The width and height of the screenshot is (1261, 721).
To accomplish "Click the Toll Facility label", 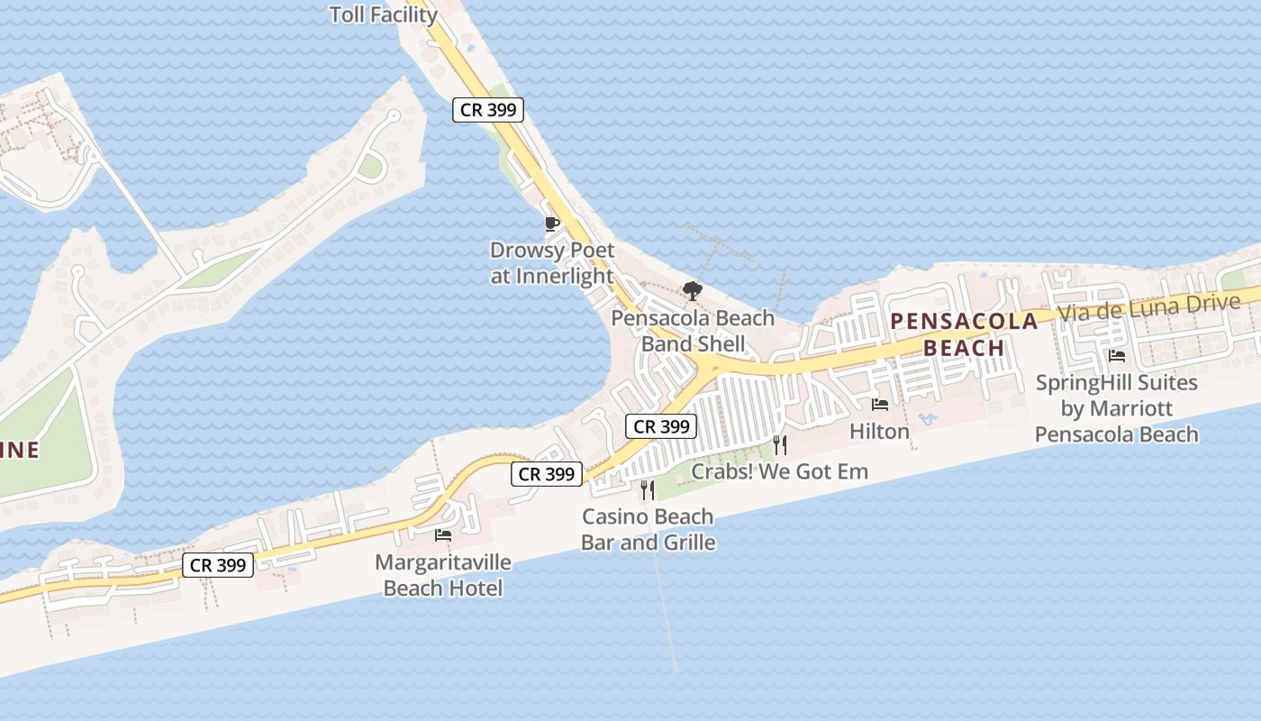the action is click(x=384, y=14).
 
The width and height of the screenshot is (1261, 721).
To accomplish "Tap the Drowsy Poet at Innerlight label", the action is click(x=552, y=263).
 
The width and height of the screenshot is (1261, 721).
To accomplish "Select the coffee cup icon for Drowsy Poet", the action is click(x=552, y=224).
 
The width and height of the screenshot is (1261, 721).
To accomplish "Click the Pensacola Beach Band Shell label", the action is click(x=693, y=331).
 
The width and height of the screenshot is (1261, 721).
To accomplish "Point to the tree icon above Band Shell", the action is click(x=693, y=290).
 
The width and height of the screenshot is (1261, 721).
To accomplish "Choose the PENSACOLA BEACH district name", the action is click(x=964, y=334).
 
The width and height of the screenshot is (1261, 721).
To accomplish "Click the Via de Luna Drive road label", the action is click(x=1148, y=307).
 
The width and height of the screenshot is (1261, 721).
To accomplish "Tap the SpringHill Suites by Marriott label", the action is click(x=1117, y=408).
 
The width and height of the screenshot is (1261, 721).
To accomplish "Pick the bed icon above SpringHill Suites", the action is click(x=1117, y=356).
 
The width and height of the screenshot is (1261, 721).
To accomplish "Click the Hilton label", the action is click(x=879, y=432).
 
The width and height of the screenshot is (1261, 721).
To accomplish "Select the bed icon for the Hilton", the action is click(x=879, y=405).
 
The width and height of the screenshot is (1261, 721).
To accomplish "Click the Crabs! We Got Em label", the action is click(x=779, y=471).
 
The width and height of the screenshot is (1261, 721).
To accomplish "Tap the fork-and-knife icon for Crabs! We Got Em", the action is click(x=780, y=444).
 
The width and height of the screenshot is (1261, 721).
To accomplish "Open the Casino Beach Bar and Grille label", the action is click(x=648, y=530).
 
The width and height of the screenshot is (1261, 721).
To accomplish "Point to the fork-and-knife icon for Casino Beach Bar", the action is click(x=648, y=490).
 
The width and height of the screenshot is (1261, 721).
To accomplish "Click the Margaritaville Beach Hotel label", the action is click(x=443, y=575).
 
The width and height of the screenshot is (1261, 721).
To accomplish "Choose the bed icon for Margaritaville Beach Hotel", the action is click(x=442, y=535).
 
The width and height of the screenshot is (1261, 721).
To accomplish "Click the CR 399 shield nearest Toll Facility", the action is click(x=487, y=110).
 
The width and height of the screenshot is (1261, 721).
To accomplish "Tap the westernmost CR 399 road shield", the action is click(x=218, y=565).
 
